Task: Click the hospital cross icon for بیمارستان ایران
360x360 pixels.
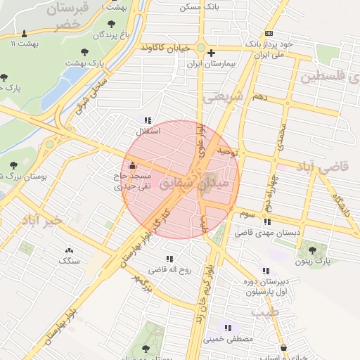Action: (x=211, y=53)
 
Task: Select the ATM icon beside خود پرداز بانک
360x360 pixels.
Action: (x=269, y=33)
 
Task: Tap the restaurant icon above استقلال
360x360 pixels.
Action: (x=147, y=120)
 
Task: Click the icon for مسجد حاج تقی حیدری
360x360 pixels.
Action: (x=133, y=167)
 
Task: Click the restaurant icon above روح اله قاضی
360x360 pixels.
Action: (x=169, y=258)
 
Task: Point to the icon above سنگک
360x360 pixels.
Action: (x=69, y=250)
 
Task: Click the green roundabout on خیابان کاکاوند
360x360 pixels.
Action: (x=200, y=49)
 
